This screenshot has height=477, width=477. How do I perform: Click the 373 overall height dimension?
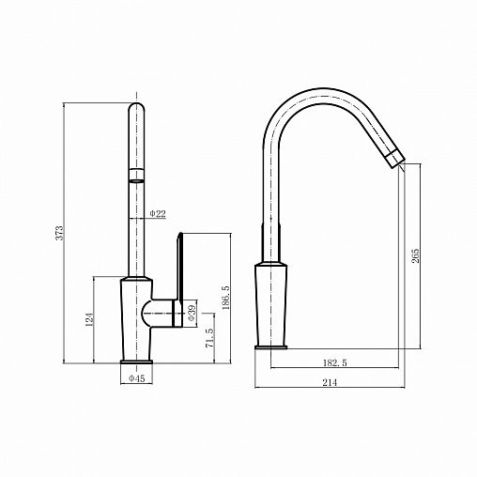point(59,233)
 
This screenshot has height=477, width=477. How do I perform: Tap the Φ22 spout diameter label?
point(158,214)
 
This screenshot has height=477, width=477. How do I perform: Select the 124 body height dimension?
point(89,319)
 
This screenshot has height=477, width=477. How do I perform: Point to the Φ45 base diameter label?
point(137,378)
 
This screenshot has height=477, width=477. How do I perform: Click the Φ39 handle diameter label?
point(192,313)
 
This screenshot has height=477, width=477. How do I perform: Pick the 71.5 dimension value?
point(209,338)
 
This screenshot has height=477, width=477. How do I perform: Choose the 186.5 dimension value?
point(225,298)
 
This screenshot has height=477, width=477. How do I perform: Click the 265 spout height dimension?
point(415,256)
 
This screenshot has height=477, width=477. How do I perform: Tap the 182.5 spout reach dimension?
point(335,363)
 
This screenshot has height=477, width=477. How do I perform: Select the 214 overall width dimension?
point(330,382)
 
